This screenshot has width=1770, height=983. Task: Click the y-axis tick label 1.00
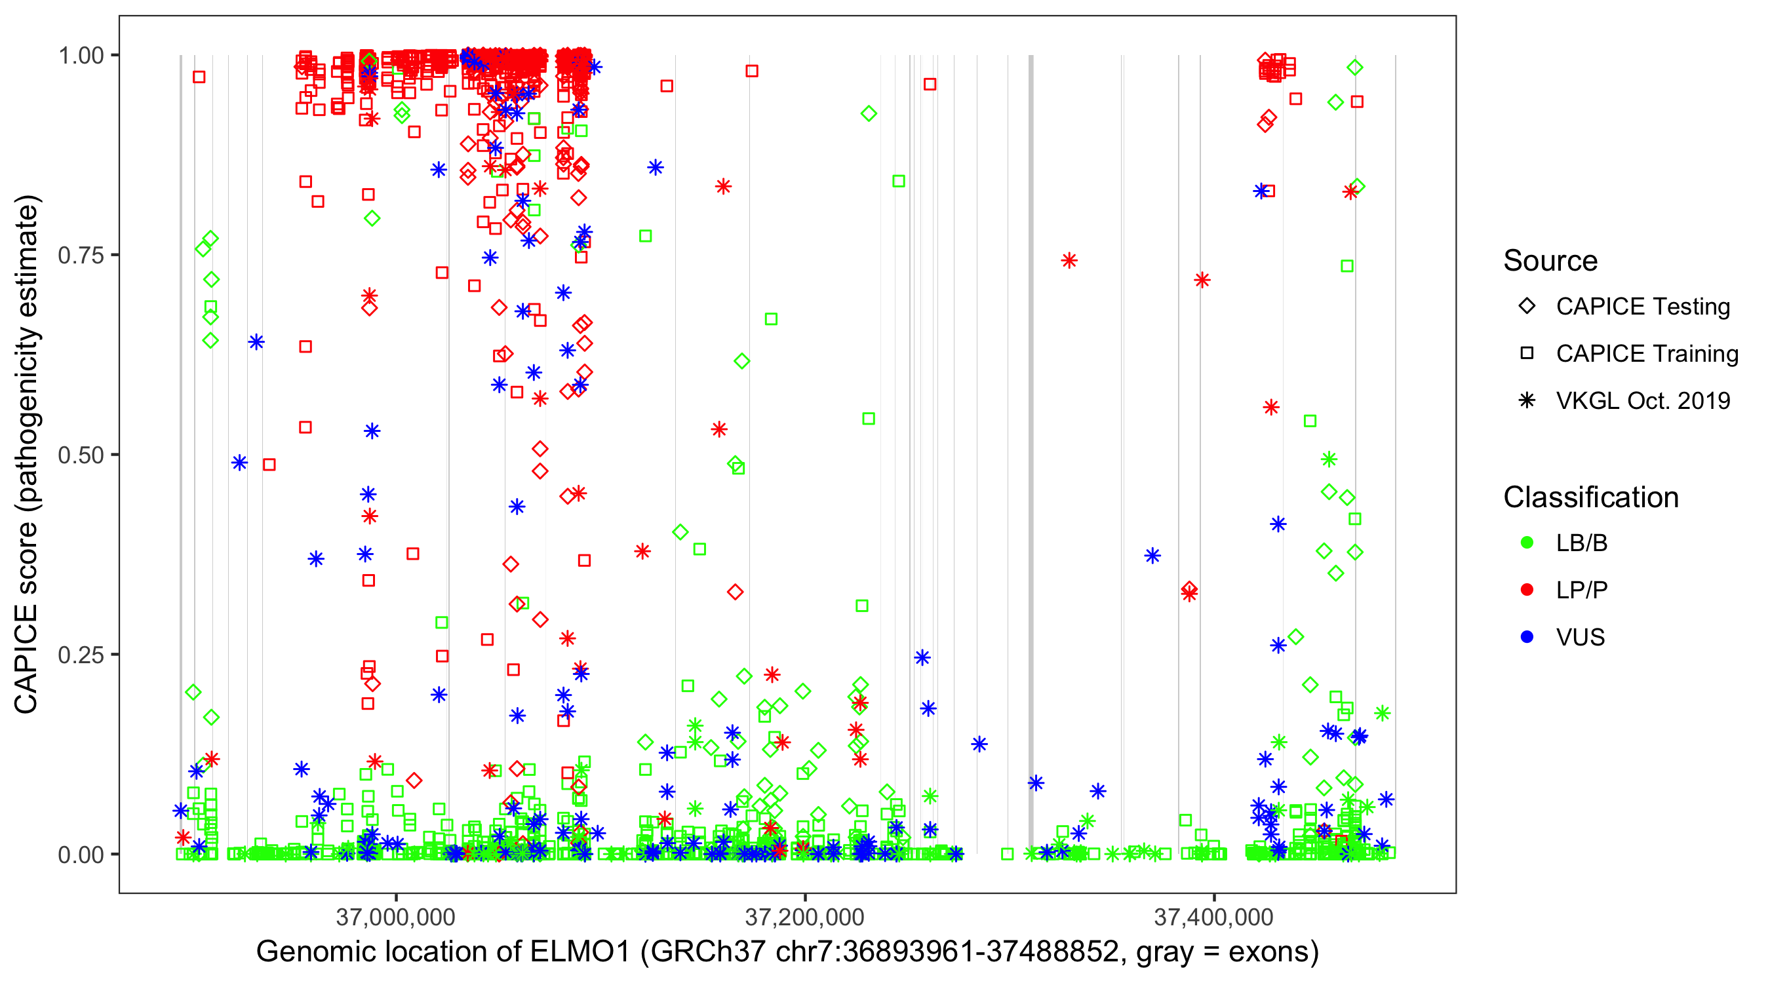81,56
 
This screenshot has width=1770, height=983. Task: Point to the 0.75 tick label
81,256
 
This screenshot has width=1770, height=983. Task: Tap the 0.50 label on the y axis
81,455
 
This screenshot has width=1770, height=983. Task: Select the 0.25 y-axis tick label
81,655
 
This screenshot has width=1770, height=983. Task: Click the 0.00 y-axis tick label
81,855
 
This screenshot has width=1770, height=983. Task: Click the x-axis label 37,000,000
396,917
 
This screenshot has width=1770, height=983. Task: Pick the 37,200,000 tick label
804,917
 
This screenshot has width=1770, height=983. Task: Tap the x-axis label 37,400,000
1213,917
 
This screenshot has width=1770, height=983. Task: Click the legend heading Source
1550,261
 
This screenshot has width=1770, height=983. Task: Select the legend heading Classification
1590,497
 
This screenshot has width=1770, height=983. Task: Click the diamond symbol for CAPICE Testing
1527,307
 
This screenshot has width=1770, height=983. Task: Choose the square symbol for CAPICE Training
1527,354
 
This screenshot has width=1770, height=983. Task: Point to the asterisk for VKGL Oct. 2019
1527,400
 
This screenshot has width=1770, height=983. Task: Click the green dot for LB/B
1527,543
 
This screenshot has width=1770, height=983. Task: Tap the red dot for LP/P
1527,590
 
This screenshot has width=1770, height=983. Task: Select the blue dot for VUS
1527,638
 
